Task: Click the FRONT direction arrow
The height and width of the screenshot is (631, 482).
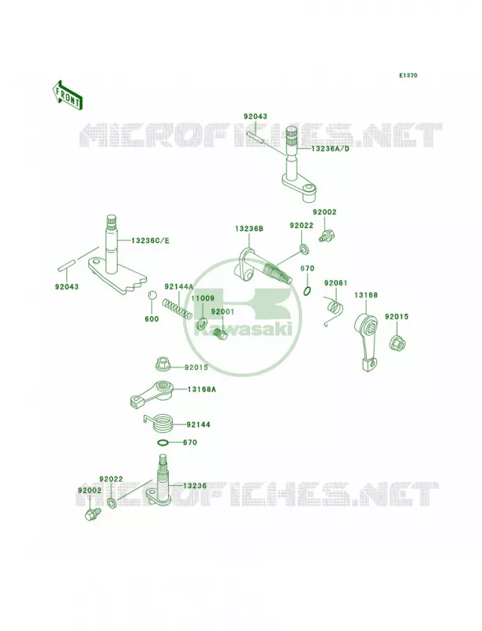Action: [67, 95]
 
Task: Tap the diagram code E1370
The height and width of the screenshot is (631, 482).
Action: [408, 75]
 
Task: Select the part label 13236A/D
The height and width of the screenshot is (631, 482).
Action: [330, 149]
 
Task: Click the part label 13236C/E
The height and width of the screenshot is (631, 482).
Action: [150, 241]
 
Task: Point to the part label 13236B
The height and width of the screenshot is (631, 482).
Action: [249, 229]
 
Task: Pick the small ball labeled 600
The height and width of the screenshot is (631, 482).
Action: [151, 295]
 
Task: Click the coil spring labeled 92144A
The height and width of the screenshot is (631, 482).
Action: [177, 308]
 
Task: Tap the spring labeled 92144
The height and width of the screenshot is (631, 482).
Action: [159, 424]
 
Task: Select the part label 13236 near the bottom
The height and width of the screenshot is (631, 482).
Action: [195, 486]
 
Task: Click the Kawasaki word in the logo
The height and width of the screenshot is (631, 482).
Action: [244, 330]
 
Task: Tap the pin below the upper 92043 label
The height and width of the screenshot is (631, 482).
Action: [255, 136]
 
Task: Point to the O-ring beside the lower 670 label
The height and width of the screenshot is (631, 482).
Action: [163, 442]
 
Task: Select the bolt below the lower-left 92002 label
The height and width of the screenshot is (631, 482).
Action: [92, 513]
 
